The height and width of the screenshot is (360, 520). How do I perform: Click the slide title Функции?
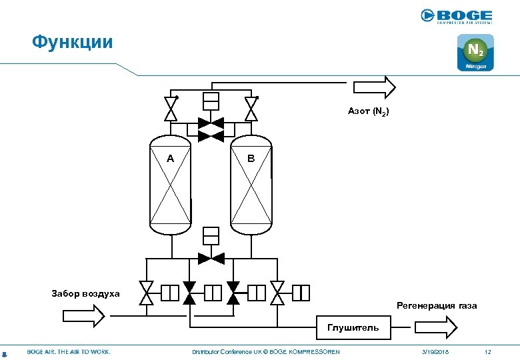(x=73, y=43)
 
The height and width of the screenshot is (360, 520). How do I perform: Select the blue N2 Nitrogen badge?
(x=475, y=53)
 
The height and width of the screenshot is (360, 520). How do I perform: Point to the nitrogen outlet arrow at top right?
(x=374, y=86)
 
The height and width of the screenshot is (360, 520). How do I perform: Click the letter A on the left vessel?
(x=171, y=159)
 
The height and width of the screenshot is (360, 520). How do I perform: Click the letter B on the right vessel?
(x=251, y=159)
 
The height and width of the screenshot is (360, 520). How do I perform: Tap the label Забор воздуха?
(x=86, y=293)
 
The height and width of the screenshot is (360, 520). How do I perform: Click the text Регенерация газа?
(x=437, y=305)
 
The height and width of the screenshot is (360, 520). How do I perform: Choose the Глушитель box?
(x=353, y=327)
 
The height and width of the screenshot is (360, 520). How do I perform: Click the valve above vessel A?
(x=171, y=109)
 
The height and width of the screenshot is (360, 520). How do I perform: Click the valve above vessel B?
(x=251, y=109)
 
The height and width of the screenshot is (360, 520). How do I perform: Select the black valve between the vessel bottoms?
(x=211, y=257)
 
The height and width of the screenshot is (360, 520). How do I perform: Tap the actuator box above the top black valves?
(x=211, y=101)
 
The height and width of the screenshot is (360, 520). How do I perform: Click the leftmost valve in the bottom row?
(x=146, y=293)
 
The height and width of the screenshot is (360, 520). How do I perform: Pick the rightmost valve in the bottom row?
(x=277, y=293)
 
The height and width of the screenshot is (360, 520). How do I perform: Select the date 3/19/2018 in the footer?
(x=435, y=351)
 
